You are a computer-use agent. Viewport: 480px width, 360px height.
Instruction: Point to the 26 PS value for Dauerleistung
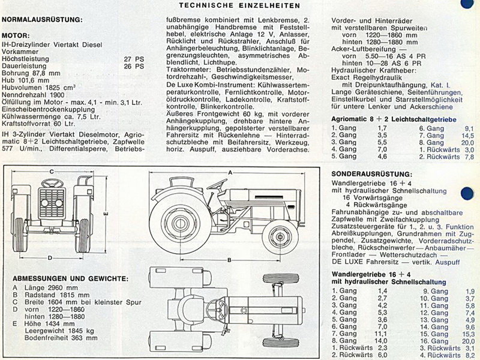(x=134, y=67)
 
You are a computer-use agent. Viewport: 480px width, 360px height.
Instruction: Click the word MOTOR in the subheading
(x=16, y=36)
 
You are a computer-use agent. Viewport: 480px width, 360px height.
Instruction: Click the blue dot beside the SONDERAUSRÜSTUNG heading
(x=467, y=194)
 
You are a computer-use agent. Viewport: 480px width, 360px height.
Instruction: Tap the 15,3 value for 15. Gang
(x=469, y=334)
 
